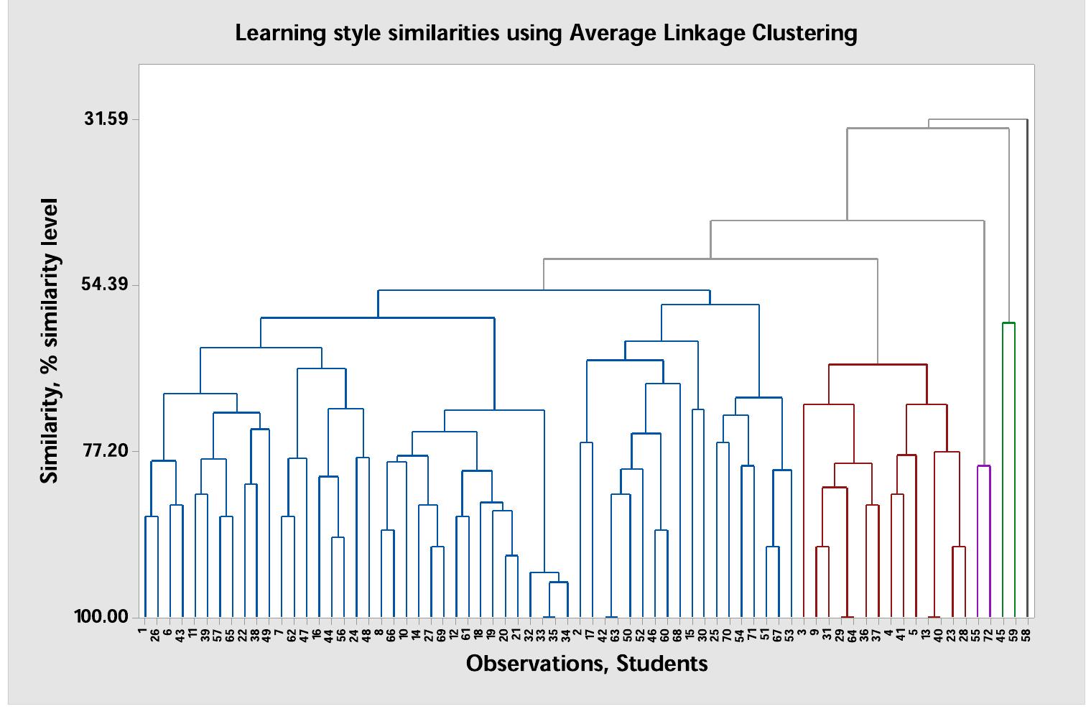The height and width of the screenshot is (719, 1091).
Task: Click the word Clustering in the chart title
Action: click(804, 33)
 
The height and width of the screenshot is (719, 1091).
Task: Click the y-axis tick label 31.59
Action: click(106, 119)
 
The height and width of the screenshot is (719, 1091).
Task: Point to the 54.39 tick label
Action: click(106, 284)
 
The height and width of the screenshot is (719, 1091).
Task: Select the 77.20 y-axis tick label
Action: click(106, 450)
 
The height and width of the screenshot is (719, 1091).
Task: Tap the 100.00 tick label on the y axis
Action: click(102, 617)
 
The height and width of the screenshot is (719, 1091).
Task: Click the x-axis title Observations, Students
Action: click(587, 663)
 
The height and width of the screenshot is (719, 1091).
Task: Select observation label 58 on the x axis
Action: click(1026, 635)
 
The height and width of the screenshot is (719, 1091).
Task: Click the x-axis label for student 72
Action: click(989, 635)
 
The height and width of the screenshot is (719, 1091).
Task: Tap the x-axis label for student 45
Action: click(1001, 635)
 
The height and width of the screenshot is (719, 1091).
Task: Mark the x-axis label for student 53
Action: click(789, 635)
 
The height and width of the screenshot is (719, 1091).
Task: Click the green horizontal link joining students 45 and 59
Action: click(1008, 323)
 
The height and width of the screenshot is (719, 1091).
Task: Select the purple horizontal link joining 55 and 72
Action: click(983, 466)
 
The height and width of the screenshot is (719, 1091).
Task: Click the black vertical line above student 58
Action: click(1027, 359)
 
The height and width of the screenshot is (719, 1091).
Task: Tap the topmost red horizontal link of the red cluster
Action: click(878, 365)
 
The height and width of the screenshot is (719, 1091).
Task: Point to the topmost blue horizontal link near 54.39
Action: click(544, 290)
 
